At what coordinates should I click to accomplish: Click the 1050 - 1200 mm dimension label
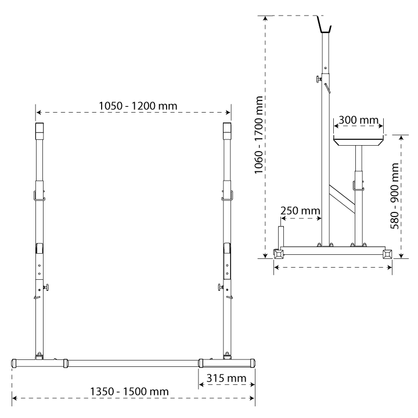click(138, 106)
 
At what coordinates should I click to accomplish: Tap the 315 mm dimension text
click(226, 379)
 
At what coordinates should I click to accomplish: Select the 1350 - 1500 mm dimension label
click(129, 392)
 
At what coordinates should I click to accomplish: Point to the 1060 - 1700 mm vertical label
click(258, 135)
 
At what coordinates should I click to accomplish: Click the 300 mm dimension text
click(358, 120)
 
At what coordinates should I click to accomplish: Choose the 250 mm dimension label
click(300, 211)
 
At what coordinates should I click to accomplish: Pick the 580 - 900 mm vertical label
click(395, 196)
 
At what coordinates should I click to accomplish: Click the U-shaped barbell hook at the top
click(325, 25)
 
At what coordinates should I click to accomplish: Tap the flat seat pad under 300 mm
click(359, 140)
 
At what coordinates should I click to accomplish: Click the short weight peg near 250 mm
click(281, 236)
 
